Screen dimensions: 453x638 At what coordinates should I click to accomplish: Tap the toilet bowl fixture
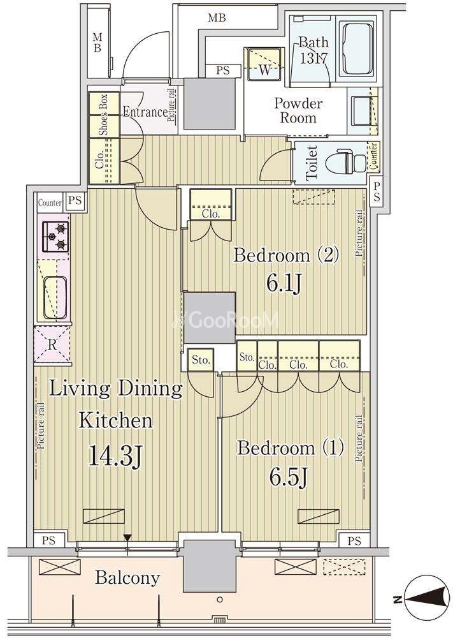345,161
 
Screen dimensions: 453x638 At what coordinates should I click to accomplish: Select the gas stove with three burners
55,237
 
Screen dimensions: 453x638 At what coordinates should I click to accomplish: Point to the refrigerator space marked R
52,345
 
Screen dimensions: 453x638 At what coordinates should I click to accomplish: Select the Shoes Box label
104,114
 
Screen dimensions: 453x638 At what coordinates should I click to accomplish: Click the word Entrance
145,112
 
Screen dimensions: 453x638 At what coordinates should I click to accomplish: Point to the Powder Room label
298,110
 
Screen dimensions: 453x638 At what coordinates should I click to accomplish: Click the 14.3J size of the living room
115,456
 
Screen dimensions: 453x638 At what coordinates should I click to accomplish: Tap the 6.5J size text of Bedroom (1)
287,476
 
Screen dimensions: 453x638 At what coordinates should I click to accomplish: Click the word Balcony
127,578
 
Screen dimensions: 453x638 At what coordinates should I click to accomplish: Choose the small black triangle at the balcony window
127,538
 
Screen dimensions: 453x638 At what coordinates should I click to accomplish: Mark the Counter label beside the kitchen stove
50,202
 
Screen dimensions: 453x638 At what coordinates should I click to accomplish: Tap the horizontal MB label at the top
217,17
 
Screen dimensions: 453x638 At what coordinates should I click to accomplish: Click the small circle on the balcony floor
220,599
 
